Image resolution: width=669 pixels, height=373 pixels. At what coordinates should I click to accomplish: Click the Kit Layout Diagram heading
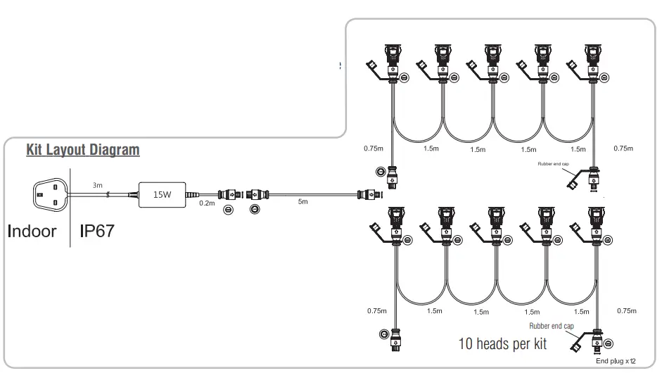(x=82, y=150)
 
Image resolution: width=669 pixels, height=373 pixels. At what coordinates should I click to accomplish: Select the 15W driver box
(x=163, y=194)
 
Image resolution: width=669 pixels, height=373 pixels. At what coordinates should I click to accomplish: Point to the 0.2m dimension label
(x=207, y=203)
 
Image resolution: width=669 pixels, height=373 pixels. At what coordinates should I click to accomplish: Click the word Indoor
(x=32, y=231)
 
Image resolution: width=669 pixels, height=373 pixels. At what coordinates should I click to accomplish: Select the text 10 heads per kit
(x=502, y=345)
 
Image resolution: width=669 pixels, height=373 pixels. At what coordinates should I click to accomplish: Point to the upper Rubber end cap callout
(x=552, y=162)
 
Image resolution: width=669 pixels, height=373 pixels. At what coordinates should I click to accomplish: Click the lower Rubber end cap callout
(x=553, y=326)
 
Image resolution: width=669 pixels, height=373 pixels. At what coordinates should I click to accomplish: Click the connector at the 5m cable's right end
(x=367, y=194)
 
